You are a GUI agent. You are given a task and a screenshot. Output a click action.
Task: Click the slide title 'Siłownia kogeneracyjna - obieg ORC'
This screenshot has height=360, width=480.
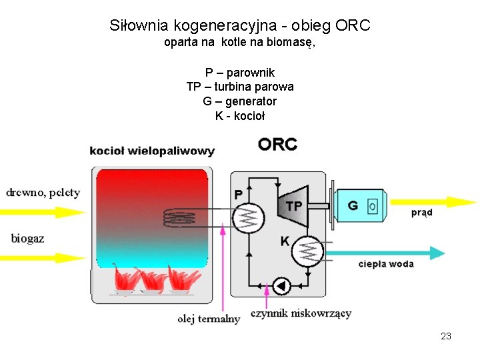coord(240,26)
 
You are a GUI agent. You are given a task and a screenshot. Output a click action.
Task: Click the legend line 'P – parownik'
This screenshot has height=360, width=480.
coord(240,73)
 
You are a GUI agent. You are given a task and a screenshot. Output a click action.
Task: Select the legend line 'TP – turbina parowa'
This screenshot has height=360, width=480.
coord(240,87)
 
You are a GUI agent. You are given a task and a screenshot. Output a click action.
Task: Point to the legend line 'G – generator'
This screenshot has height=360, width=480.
coord(240,101)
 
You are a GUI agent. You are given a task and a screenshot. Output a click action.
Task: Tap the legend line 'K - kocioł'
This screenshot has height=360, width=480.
coord(240,116)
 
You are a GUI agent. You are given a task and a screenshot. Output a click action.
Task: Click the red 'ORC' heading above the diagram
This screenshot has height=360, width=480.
coord(278,145)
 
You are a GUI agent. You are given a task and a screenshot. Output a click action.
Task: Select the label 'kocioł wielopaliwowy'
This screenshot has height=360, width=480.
coord(152,151)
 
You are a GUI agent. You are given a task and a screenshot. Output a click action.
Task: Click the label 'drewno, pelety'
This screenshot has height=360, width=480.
coord(43,193)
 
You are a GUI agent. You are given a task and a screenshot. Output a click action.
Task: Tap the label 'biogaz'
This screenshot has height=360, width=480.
coord(28,238)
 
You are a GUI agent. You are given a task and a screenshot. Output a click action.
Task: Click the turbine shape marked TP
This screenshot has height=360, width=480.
coord(293,205)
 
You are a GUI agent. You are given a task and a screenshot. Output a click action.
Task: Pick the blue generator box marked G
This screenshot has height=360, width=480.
coord(359,205)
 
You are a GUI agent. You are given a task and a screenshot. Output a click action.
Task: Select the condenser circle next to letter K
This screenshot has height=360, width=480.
coord(309,251)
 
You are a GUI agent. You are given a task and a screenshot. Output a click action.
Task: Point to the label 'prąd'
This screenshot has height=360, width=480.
coord(421,213)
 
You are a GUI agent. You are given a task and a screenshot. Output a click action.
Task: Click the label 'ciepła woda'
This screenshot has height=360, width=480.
coord(385,264)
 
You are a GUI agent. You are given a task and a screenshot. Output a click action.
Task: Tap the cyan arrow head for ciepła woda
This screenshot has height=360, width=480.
coord(437,253)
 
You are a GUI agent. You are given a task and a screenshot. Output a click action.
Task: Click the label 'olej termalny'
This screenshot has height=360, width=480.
coord(209,319)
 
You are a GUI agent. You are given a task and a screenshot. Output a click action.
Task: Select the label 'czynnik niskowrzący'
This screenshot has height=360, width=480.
coord(301,313)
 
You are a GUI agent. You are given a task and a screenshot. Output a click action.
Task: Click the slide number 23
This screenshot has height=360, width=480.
coord(446,336)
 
